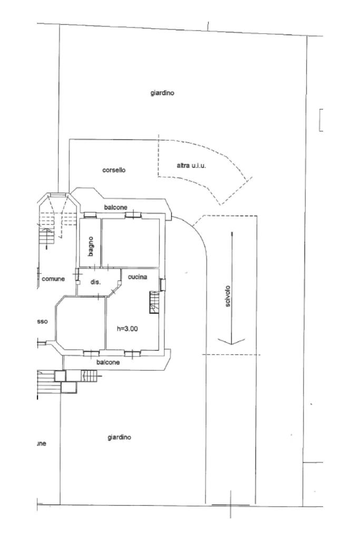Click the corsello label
tap(113, 170)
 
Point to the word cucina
tap(137, 277)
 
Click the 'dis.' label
tap(95, 283)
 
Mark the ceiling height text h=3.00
tap(127, 329)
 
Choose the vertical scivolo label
tap(227, 298)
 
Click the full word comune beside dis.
tap(53, 279)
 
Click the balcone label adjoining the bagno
tap(115, 207)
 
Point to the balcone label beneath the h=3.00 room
tap(108, 362)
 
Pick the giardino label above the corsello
tap(162, 93)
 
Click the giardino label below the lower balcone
tap(119, 437)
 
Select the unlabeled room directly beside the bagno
tap(131, 242)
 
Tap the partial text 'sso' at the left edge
tap(42, 321)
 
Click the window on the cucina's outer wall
tap(162, 285)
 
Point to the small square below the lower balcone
tap(60, 376)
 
